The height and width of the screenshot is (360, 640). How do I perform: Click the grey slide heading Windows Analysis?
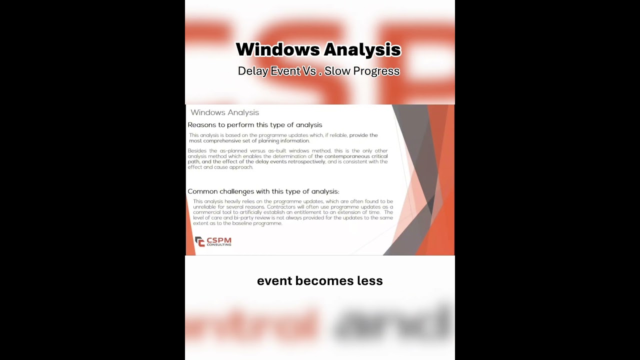tap(224, 112)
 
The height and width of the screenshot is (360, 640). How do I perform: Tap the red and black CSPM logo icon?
tap(199, 241)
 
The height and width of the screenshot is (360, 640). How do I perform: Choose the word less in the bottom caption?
tap(370, 281)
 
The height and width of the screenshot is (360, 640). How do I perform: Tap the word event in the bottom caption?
tap(274, 281)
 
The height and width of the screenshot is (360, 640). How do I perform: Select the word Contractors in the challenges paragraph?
tap(281, 207)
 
